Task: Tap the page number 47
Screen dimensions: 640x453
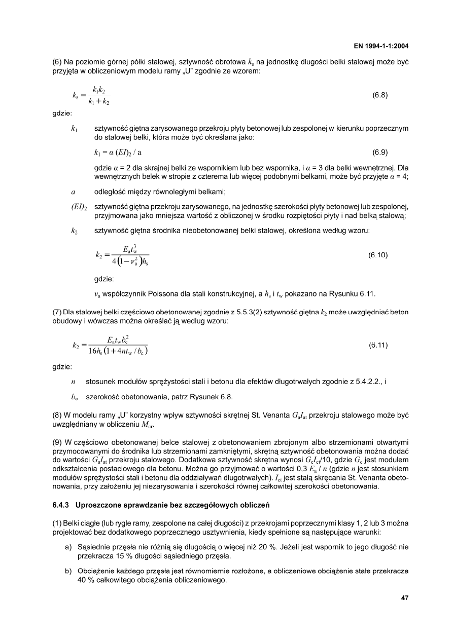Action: click(404, 598)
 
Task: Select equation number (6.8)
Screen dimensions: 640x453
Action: click(380, 94)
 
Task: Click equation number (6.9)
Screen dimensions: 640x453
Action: click(380, 152)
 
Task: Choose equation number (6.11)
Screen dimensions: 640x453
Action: click(378, 346)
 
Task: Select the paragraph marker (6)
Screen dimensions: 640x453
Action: click(58, 62)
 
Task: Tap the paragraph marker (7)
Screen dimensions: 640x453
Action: click(58, 312)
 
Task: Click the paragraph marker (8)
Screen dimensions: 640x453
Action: click(58, 417)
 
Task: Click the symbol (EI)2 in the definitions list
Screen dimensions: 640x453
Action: click(79, 207)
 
